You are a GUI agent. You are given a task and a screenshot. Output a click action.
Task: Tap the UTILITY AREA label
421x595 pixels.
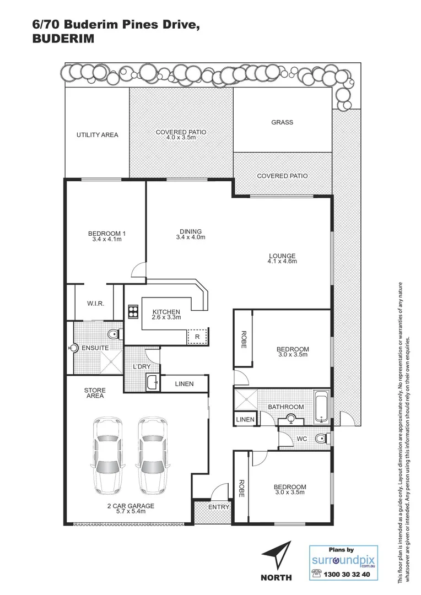tap(97, 135)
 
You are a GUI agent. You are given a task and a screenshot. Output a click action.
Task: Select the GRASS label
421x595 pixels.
tap(282, 122)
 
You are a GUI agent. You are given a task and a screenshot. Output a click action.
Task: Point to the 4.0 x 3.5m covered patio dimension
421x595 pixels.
tap(181, 138)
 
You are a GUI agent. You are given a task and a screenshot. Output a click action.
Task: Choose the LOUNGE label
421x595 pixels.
tap(282, 256)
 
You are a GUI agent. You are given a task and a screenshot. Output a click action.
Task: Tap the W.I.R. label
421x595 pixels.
tap(96, 304)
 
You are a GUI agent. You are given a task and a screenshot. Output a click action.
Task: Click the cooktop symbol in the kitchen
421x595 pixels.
tap(133, 312)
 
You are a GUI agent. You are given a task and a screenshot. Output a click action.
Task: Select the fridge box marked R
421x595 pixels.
tap(196, 336)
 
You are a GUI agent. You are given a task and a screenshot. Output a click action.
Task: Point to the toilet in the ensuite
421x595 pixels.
tap(113, 334)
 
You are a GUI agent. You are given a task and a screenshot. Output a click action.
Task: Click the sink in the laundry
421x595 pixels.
tap(152, 381)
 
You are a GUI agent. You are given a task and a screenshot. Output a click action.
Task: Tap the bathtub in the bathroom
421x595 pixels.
tap(321, 407)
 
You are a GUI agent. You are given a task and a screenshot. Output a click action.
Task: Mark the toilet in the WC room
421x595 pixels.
tap(322, 439)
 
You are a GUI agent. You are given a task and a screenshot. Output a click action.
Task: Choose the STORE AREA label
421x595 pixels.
tap(94, 393)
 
